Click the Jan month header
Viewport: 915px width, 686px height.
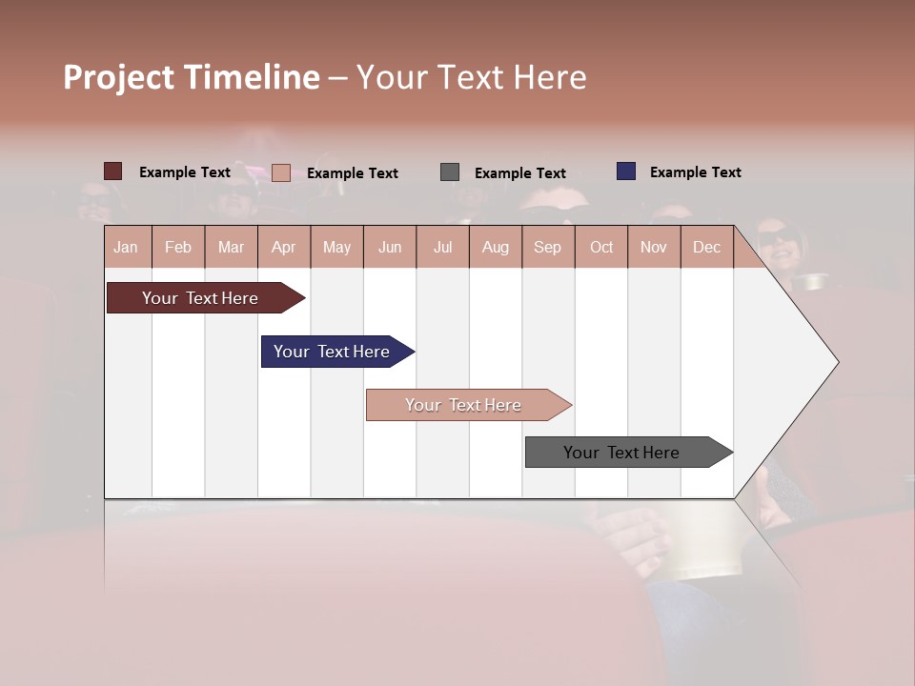[x=127, y=247]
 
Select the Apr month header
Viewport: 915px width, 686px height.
[x=284, y=247]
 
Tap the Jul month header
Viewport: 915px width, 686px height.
[x=442, y=247]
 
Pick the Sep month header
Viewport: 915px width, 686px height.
[x=547, y=247]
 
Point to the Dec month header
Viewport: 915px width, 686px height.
[x=706, y=247]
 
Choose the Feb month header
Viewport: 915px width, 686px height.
[x=178, y=247]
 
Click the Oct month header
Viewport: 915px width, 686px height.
[x=601, y=247]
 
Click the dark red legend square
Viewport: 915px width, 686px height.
[x=113, y=171]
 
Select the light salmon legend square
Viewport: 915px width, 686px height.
[x=281, y=172]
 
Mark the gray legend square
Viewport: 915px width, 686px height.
[x=450, y=172]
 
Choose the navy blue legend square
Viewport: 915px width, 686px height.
[x=626, y=171]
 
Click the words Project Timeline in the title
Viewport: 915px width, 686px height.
[x=192, y=77]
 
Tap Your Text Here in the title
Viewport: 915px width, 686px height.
[x=472, y=77]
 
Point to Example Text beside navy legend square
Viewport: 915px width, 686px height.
[x=695, y=172]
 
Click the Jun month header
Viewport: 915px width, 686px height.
[x=390, y=247]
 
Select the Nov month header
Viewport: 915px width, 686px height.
[x=654, y=247]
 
